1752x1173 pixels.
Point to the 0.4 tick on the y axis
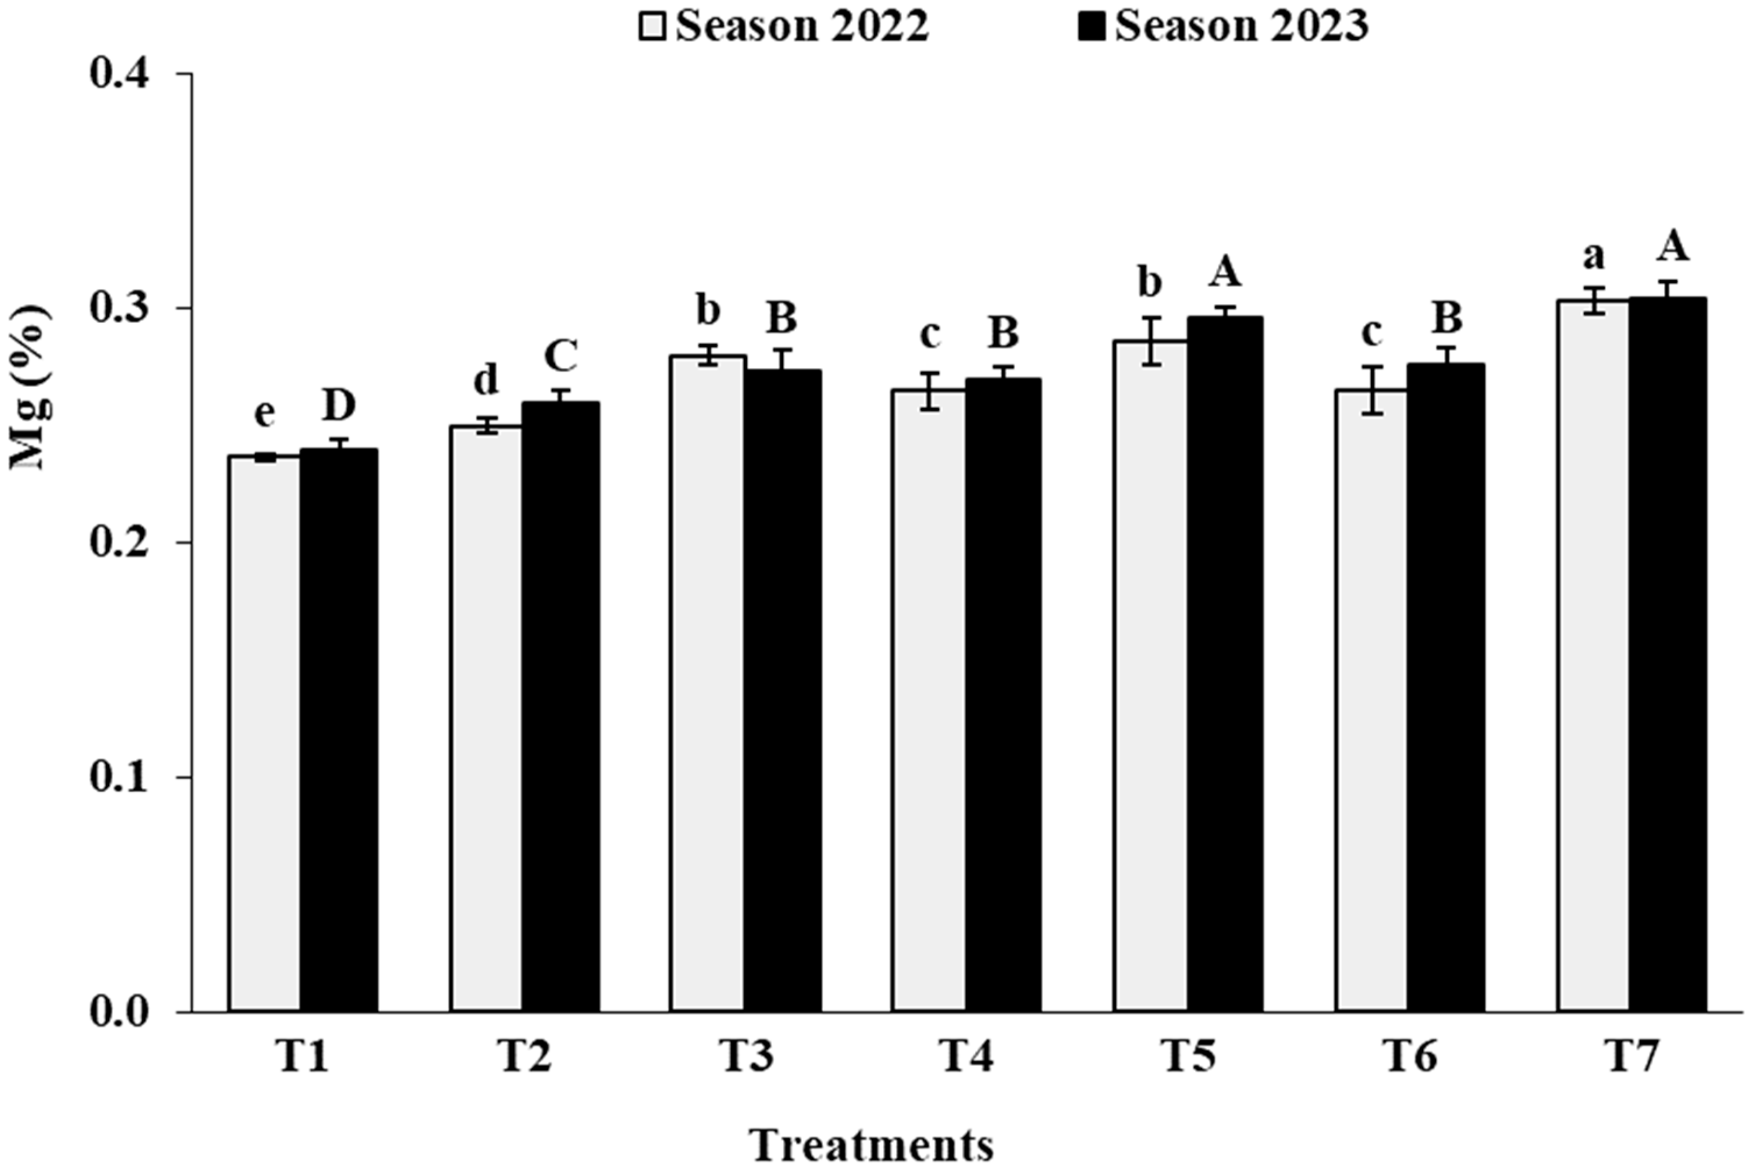pos(120,75)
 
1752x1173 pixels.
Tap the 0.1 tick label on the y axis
pos(120,778)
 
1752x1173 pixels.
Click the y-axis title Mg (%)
pos(30,387)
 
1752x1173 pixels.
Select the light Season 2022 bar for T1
pos(265,733)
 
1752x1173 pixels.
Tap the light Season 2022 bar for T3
pos(708,684)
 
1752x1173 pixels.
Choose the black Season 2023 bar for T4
pos(1003,696)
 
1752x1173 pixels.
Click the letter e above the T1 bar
pos(264,413)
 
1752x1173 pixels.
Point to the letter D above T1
pos(339,406)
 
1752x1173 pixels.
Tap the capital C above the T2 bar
pos(560,357)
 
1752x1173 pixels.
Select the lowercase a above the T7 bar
pos(1593,256)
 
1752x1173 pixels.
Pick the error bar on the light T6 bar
pos(1371,390)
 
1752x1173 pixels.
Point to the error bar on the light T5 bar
pos(1150,340)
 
